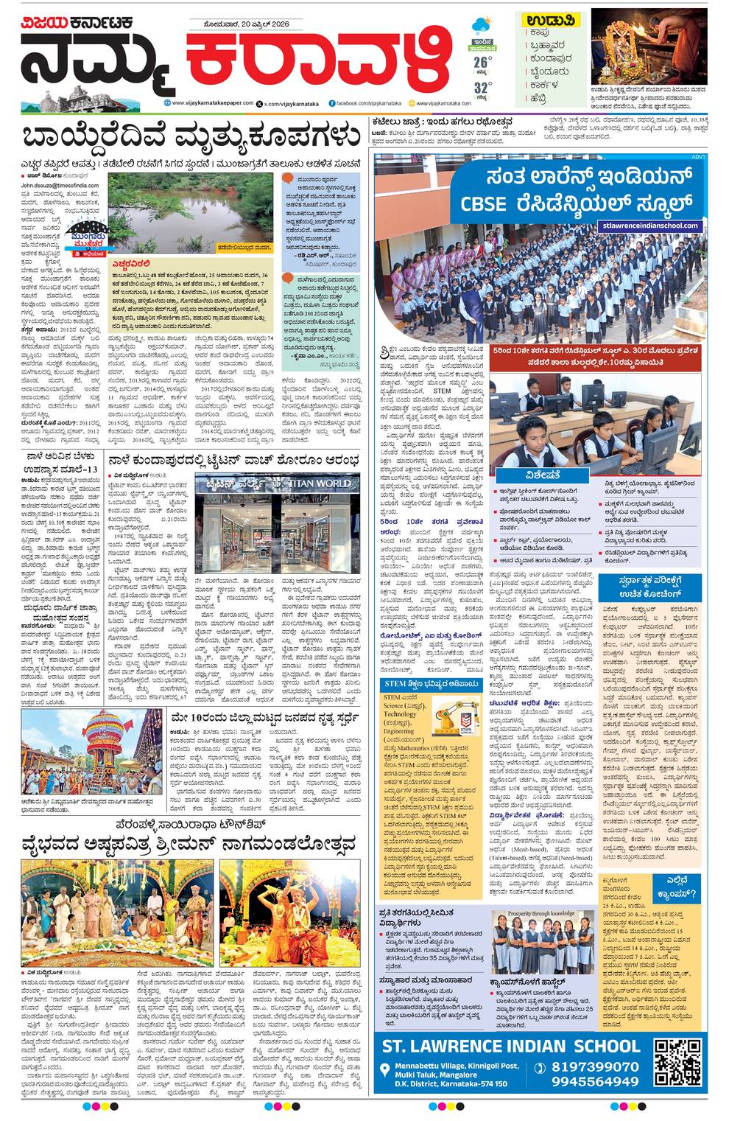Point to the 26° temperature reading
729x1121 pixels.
point(482,61)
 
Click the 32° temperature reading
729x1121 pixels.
point(482,84)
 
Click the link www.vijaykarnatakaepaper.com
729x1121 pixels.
point(213,103)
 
